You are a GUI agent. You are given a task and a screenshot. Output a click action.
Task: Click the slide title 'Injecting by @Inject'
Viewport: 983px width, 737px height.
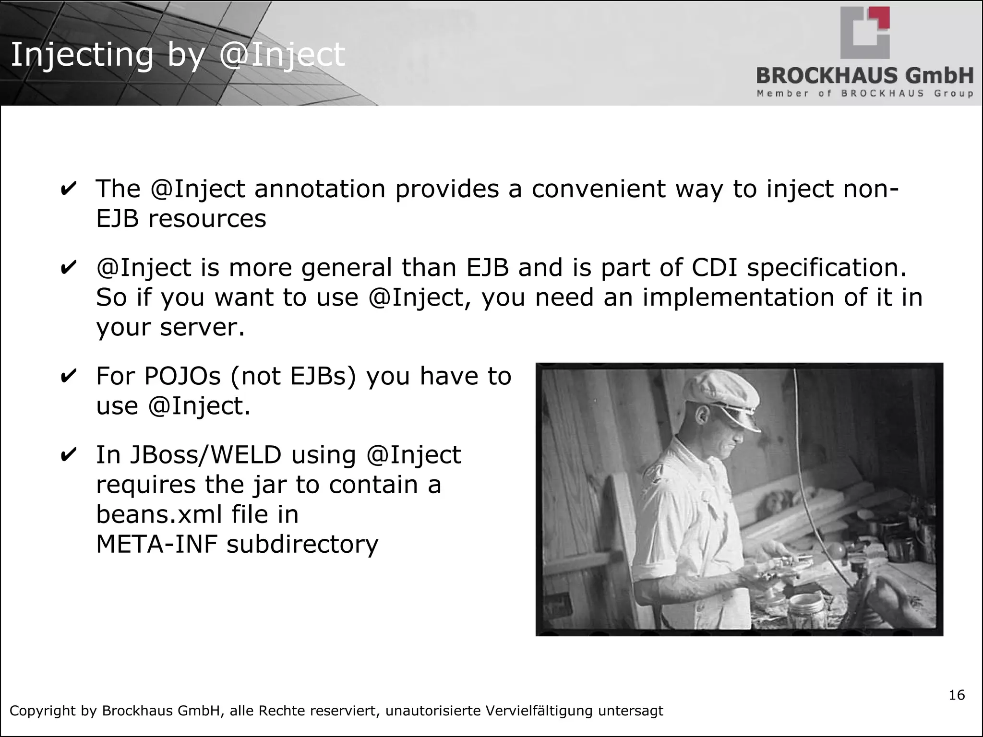(x=178, y=55)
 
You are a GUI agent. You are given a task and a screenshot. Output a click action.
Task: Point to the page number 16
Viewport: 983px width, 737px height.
(x=956, y=695)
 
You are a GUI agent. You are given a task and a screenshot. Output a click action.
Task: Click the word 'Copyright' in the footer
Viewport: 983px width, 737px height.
(x=43, y=711)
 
